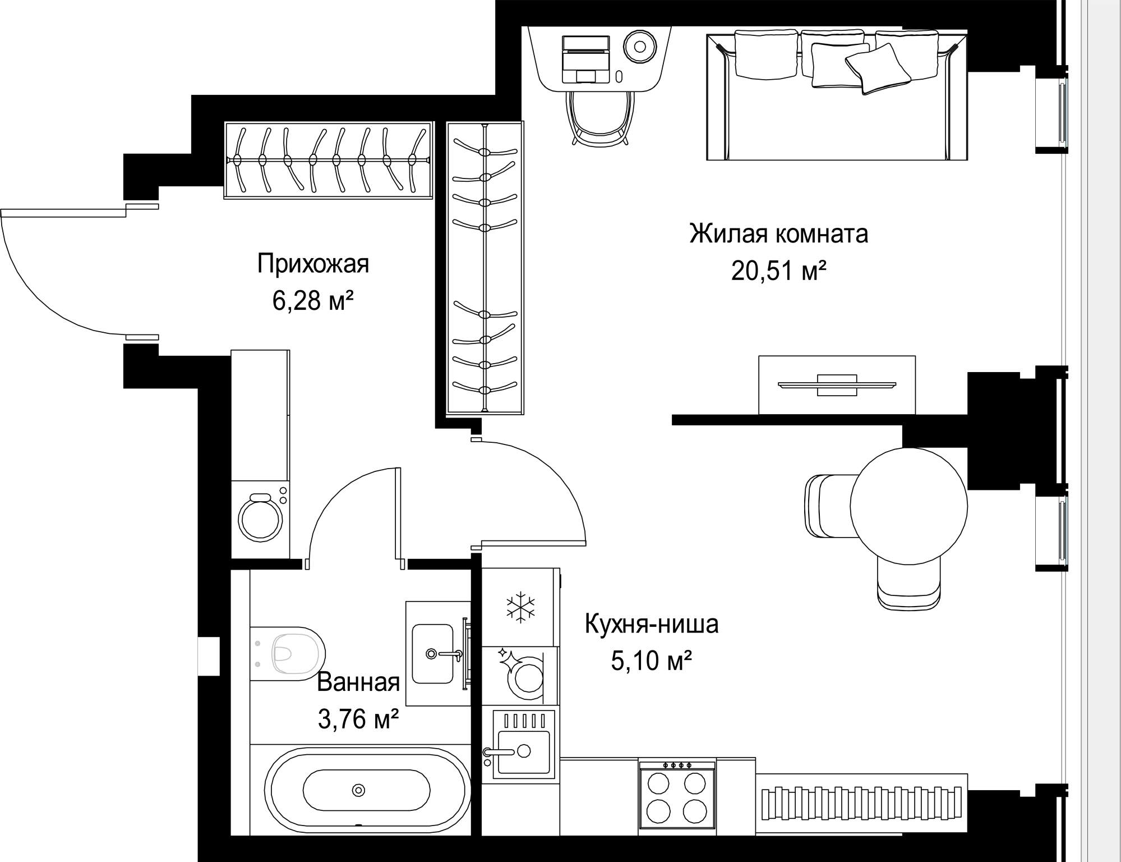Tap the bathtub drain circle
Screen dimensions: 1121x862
(358, 790)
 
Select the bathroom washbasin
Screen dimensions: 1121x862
(432, 654)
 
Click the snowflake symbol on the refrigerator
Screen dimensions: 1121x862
(520, 607)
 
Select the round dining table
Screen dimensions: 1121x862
(908, 505)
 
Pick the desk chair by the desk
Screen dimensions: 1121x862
(601, 118)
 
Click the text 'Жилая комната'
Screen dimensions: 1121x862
(778, 233)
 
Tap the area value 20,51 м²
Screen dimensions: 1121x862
(778, 271)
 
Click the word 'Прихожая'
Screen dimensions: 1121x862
(313, 264)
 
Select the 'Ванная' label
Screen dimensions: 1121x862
(358, 682)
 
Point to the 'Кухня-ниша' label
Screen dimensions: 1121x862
(651, 624)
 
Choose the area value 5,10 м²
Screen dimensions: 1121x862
(651, 661)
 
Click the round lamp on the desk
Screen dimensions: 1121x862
(640, 46)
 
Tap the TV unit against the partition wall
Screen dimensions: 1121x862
(837, 385)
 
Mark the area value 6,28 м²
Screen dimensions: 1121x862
(313, 301)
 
